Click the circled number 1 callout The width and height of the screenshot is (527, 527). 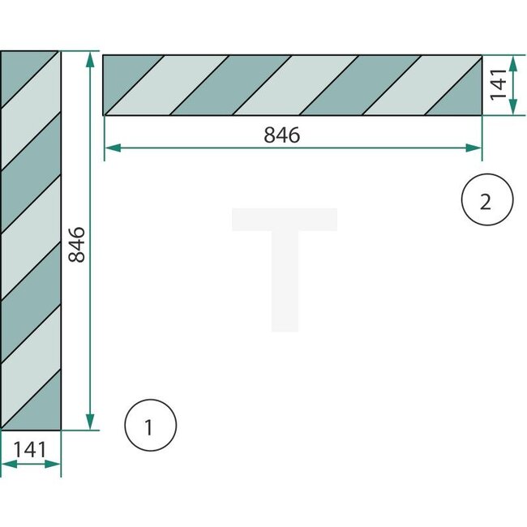pos(150,425)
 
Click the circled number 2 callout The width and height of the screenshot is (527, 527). pos(486,200)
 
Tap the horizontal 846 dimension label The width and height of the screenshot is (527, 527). pos(281,135)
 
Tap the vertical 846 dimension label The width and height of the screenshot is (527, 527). pos(75,244)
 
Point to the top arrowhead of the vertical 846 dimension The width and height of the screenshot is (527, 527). pos(89,59)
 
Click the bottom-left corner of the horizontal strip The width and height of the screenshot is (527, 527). pos(104,115)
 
